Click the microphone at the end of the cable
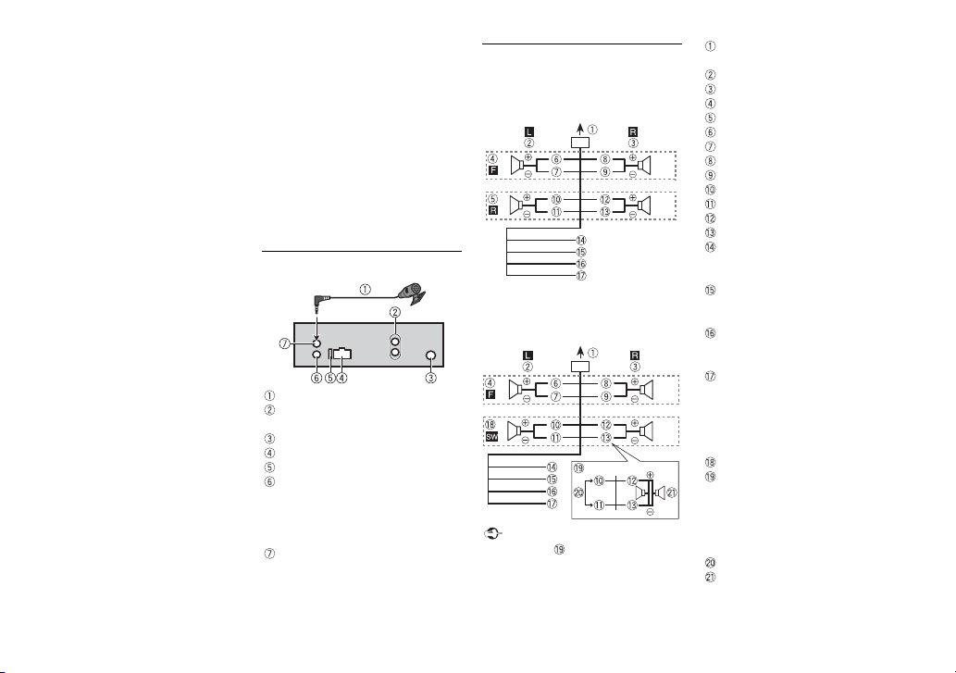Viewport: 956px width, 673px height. click(414, 293)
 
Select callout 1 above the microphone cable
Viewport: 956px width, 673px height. click(365, 290)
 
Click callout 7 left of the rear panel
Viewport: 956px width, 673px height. click(284, 343)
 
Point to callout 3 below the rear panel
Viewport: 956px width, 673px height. click(430, 378)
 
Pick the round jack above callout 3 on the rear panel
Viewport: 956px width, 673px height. click(430, 356)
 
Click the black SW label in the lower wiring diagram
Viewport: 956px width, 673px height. click(491, 436)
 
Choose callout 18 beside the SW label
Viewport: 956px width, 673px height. click(490, 424)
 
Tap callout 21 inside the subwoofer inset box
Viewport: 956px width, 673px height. click(671, 492)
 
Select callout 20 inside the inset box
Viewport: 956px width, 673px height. click(579, 492)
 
